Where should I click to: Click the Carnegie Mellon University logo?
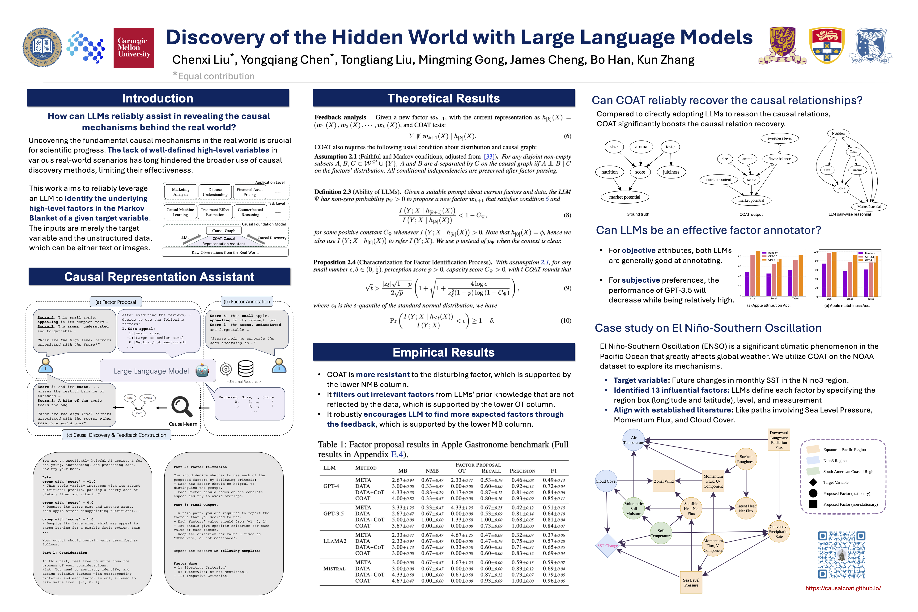[x=133, y=48]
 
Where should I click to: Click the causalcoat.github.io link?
[x=843, y=588]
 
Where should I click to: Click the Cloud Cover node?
[x=606, y=481]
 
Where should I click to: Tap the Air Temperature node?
[x=633, y=440]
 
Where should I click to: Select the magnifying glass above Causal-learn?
[x=182, y=407]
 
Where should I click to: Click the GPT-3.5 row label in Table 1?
[x=333, y=514]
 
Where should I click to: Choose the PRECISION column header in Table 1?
[x=522, y=471]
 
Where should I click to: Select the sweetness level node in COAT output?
[x=779, y=138]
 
